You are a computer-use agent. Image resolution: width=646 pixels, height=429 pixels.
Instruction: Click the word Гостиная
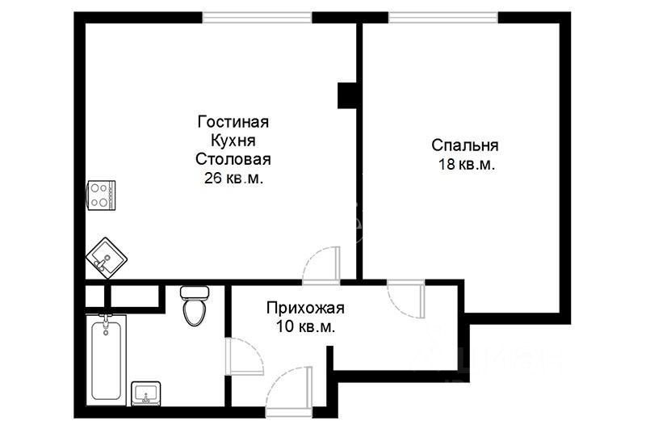(233, 122)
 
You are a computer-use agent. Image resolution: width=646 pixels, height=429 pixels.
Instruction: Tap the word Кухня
(233, 141)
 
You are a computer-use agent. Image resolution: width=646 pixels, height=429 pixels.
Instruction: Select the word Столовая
(233, 159)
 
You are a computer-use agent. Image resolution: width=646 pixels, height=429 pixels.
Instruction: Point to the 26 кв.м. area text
(233, 178)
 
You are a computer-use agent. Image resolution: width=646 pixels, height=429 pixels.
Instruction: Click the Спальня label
(464, 145)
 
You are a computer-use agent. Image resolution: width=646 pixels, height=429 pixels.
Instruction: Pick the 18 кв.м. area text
(464, 164)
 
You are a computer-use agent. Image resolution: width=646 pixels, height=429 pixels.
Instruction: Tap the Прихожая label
(305, 308)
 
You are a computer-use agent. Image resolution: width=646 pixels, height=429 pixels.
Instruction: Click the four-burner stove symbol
(101, 194)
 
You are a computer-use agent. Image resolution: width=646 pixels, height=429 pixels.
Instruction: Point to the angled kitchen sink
(105, 257)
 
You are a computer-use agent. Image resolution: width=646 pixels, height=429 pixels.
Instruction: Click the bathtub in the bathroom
(107, 357)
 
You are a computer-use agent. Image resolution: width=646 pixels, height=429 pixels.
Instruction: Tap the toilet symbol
(194, 305)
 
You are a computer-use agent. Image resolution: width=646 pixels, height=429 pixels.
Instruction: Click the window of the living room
(256, 17)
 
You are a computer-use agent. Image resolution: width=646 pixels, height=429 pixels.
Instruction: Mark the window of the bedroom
(443, 17)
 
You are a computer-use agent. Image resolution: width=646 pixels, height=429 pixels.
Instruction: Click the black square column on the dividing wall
(348, 95)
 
